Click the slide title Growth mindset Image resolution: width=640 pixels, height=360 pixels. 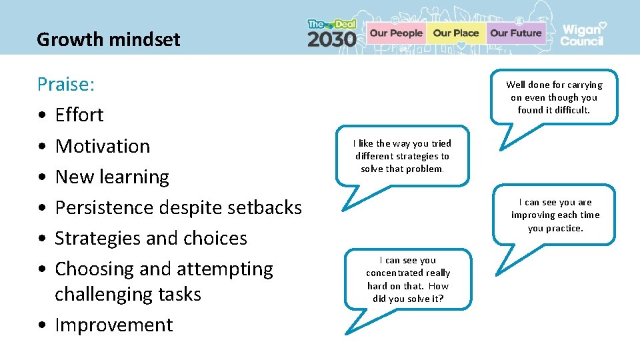pyautogui.click(x=108, y=40)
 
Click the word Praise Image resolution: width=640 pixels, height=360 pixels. pyautogui.click(x=65, y=85)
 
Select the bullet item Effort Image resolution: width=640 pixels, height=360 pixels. pyautogui.click(x=79, y=115)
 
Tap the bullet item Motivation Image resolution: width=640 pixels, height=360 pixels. pyautogui.click(x=103, y=146)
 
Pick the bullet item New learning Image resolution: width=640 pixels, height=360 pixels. pyautogui.click(x=112, y=177)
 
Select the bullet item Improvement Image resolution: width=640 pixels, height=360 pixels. pyautogui.click(x=113, y=325)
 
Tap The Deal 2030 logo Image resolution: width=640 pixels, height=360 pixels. pyautogui.click(x=332, y=33)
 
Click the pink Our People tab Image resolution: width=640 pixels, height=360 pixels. pyautogui.click(x=396, y=33)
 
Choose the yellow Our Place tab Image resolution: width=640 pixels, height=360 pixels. pyautogui.click(x=456, y=33)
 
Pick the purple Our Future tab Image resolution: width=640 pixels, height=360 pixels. pyautogui.click(x=515, y=33)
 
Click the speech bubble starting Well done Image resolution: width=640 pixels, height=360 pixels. pyautogui.click(x=553, y=97)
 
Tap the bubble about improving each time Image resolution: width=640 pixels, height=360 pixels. pyautogui.click(x=555, y=215)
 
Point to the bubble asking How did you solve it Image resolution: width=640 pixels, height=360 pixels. pyautogui.click(x=408, y=279)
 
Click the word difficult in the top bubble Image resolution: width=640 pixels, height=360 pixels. pyautogui.click(x=571, y=110)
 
